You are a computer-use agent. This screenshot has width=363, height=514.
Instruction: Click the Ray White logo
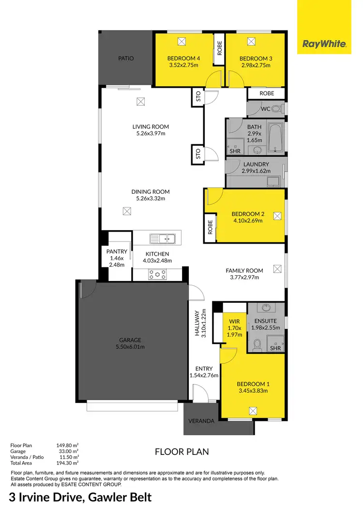tap(324, 44)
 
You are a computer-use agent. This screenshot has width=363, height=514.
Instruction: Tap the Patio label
tap(126, 59)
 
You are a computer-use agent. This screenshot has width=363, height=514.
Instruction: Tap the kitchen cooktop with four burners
tap(157, 274)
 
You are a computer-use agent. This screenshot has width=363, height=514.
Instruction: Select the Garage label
tap(131, 340)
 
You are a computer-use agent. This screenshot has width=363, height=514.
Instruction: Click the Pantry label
tap(117, 251)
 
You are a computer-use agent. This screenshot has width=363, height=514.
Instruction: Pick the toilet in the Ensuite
tap(258, 344)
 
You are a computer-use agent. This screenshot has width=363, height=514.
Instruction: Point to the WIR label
tap(234, 321)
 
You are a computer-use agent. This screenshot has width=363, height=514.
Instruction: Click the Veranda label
tap(201, 421)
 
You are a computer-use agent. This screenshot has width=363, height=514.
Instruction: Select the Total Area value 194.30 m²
tap(68, 463)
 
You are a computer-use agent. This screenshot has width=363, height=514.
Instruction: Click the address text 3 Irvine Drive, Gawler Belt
tap(80, 498)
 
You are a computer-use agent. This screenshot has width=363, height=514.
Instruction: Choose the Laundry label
tap(256, 165)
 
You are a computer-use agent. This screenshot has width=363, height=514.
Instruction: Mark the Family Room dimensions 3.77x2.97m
tap(244, 278)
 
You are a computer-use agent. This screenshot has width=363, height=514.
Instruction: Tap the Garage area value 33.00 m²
tap(68, 451)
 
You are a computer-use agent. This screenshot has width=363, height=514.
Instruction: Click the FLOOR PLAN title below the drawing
tap(181, 452)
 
